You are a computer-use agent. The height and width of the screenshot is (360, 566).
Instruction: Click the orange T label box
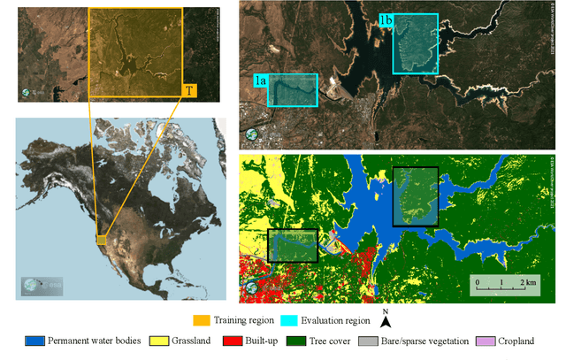click(x=190, y=90)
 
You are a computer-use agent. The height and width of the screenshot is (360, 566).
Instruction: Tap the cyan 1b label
click(x=386, y=20)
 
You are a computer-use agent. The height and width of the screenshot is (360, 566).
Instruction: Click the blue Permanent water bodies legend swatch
click(x=35, y=341)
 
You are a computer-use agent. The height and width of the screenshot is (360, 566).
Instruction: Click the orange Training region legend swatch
click(x=203, y=322)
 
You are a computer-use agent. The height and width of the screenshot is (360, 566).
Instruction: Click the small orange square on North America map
click(x=102, y=240)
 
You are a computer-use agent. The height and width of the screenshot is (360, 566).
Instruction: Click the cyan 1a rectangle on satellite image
click(x=292, y=89)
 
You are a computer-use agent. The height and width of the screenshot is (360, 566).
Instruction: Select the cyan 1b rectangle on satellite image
click(x=416, y=43)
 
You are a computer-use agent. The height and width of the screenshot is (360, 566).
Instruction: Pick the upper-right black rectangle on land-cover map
click(x=416, y=196)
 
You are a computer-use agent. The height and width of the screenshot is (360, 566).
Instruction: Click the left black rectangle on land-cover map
click(x=292, y=245)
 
